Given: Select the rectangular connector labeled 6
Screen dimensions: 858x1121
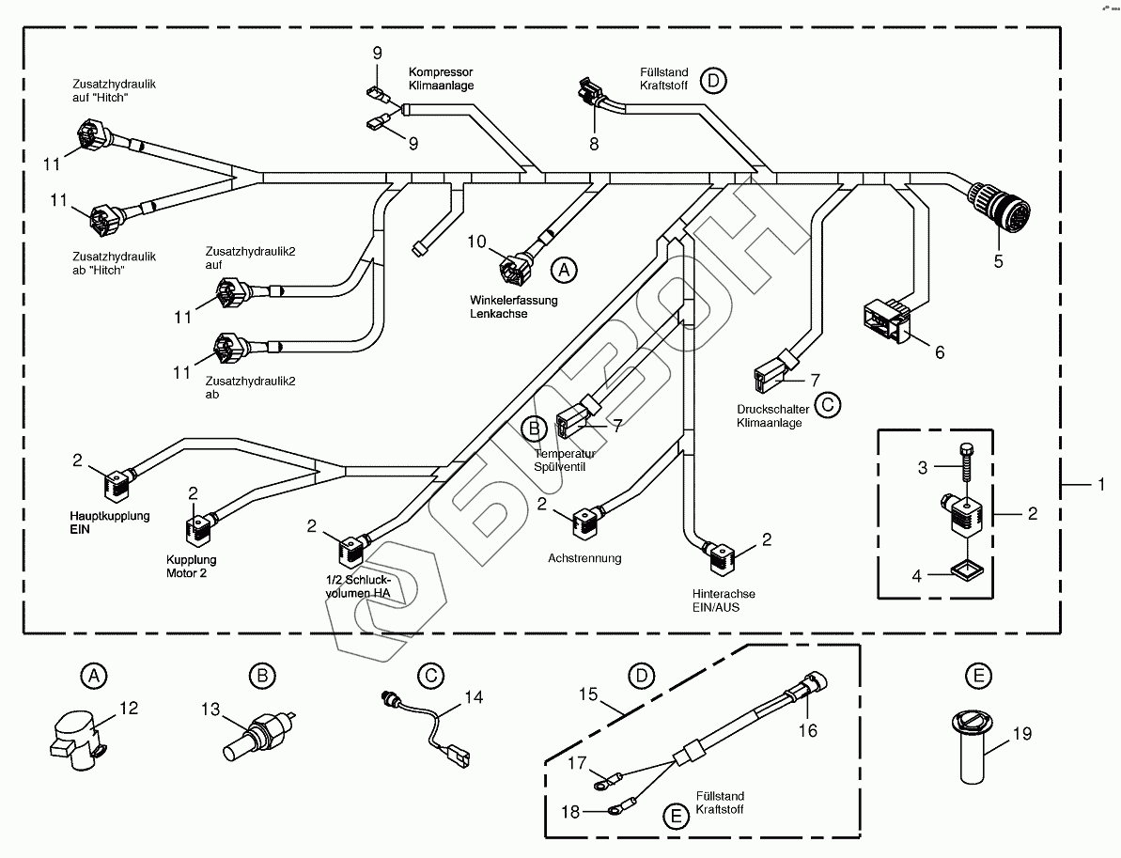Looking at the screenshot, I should (x=883, y=320).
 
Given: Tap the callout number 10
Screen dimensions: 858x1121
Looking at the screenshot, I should (x=476, y=242).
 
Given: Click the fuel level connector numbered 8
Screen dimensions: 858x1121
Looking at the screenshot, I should (x=589, y=94).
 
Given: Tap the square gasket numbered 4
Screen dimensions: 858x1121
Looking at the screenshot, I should (x=962, y=569).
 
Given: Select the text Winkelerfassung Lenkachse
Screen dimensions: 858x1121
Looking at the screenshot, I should (x=514, y=307).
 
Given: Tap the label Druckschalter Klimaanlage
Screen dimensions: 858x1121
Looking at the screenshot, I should (x=769, y=416).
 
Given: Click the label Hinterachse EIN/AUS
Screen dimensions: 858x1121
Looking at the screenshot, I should (x=723, y=601).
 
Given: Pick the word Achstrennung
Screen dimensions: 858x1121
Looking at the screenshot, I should (x=584, y=558).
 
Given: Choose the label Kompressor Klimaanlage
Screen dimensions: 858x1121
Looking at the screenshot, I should (x=441, y=78).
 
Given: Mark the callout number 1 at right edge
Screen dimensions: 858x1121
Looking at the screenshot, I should (x=1099, y=484).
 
